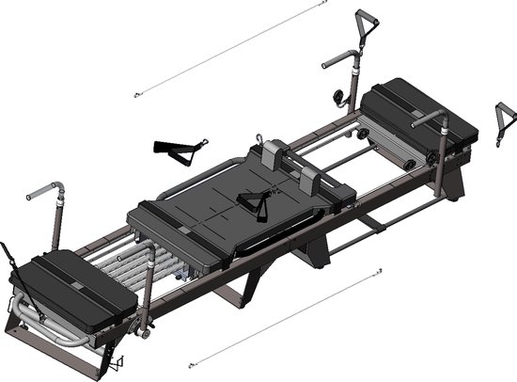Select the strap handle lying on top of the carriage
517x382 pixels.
252,200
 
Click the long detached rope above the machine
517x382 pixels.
230,48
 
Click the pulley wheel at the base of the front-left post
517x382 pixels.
146,329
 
